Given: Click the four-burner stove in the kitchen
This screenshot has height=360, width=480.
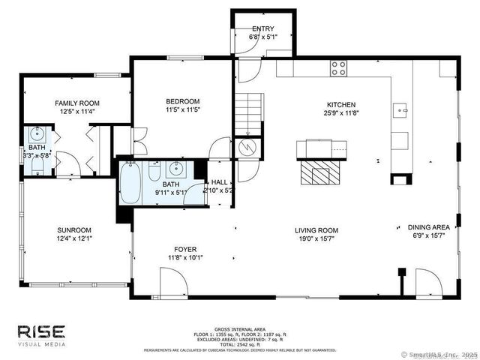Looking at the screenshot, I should pyautogui.click(x=339, y=68).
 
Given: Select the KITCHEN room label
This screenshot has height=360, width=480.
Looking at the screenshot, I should pyautogui.click(x=340, y=105).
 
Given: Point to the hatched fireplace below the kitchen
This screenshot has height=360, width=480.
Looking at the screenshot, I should pyautogui.click(x=314, y=174).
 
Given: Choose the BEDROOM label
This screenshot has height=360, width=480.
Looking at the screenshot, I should pyautogui.click(x=182, y=101).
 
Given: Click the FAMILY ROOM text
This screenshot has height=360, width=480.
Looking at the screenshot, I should pyautogui.click(x=77, y=103).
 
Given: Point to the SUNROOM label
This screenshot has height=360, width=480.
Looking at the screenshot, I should pyautogui.click(x=74, y=230).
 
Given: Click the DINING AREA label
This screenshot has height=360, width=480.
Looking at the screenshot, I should pyautogui.click(x=428, y=227).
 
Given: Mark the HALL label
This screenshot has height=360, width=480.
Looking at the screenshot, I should pyautogui.click(x=219, y=181).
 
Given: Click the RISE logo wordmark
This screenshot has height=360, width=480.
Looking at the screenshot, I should pyautogui.click(x=42, y=331).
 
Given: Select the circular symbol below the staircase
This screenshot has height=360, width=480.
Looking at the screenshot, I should pyautogui.click(x=246, y=148).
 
